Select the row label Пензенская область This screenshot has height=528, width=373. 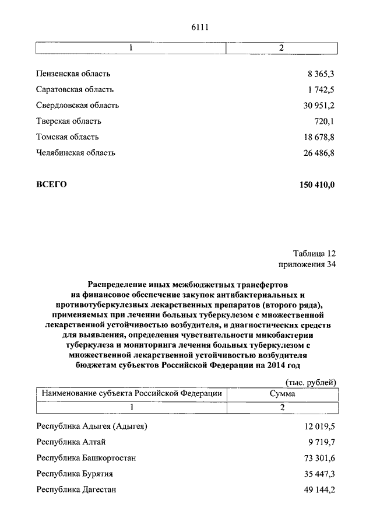point(73,74)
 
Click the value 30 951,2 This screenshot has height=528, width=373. point(317,106)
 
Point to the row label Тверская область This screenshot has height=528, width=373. point(68,121)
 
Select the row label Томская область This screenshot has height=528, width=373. point(67,137)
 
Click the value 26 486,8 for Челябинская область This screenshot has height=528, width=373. point(317,153)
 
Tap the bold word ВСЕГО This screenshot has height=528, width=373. point(51,184)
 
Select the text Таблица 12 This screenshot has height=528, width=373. point(314,254)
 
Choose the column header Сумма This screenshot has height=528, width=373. point(281,394)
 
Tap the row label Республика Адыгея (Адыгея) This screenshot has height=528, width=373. point(92,426)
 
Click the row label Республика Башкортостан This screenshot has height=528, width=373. point(86,458)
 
